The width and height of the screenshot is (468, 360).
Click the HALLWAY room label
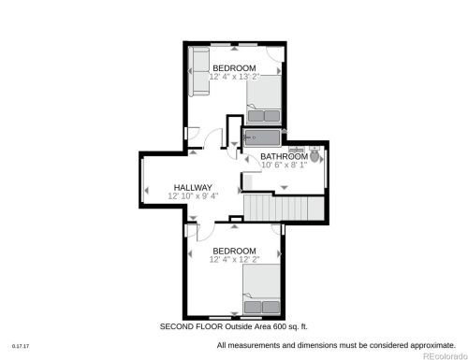point(193,187)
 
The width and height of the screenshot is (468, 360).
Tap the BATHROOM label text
point(284,156)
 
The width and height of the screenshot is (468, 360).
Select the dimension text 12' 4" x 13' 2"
point(234,77)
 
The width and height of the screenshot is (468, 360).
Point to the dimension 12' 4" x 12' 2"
point(234,259)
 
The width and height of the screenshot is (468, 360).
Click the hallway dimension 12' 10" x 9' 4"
point(193,195)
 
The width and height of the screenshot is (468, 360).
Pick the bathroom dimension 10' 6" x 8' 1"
point(284,165)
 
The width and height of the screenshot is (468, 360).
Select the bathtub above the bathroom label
point(262,137)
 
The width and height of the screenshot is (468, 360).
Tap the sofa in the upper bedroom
point(198,71)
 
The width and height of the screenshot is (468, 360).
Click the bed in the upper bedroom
point(264,100)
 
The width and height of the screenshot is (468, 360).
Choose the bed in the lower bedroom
point(261,290)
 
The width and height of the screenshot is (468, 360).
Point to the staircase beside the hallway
point(284,208)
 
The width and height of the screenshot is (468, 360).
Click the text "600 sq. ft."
point(290,326)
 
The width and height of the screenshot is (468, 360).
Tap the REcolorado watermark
point(445,356)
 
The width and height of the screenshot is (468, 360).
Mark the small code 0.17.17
point(21,346)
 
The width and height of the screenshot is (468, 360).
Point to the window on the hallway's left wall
point(142,180)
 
